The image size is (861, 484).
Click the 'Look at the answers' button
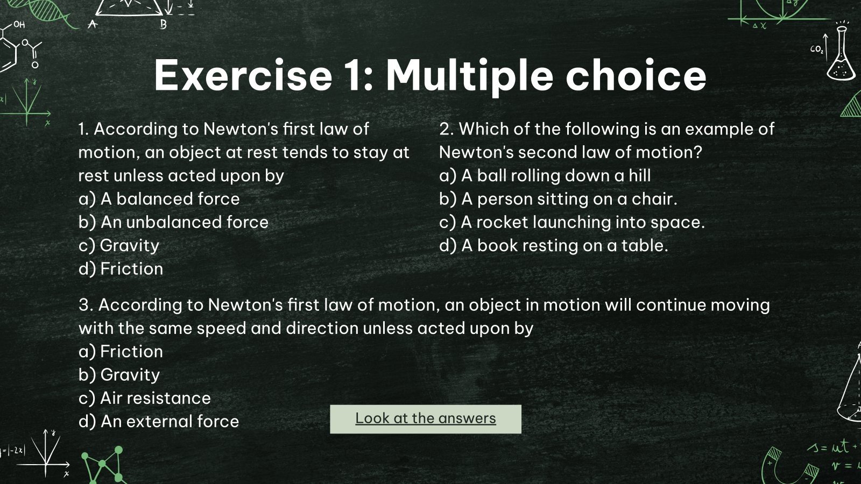425,419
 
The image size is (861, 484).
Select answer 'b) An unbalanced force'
173,222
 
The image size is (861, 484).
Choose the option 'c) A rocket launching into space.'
571,222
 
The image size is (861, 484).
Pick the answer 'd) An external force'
159,421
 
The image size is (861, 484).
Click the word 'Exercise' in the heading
243,75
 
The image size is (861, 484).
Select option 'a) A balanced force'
159,199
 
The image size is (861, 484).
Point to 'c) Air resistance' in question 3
144,398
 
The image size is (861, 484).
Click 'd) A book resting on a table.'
553,246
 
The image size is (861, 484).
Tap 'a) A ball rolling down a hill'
545,176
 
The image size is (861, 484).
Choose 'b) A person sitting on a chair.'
558,199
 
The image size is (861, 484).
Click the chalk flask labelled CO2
840,54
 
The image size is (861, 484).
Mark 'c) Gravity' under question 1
119,246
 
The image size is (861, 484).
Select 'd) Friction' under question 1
121,269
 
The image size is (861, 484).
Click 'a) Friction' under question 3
121,352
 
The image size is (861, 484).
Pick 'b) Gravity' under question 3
119,375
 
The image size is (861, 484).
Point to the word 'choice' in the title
636,75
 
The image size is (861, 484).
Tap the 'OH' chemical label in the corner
19,25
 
